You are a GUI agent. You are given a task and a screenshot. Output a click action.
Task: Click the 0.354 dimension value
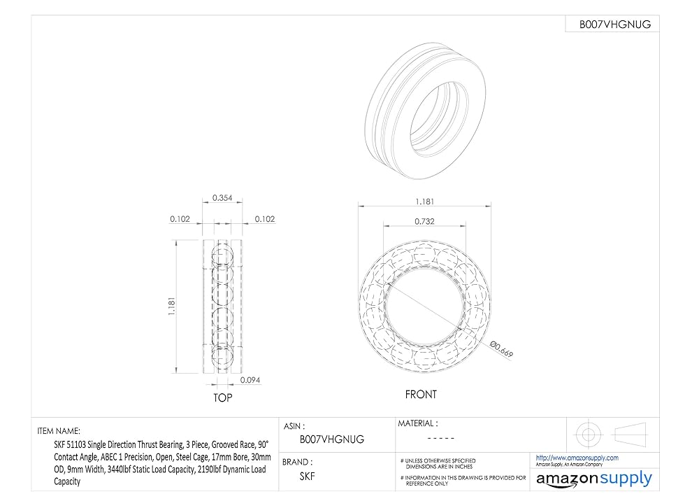(222, 198)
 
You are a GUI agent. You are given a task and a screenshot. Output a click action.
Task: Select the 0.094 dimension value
(250, 380)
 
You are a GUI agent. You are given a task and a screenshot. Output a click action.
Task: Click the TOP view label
(222, 397)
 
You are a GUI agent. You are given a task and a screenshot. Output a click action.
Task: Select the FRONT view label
(421, 395)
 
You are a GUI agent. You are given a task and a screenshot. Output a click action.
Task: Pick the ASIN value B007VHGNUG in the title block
(331, 439)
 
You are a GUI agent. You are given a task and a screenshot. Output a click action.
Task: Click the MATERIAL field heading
(417, 423)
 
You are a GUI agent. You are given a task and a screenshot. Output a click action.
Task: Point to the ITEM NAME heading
(59, 431)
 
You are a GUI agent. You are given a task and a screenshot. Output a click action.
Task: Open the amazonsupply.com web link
(577, 458)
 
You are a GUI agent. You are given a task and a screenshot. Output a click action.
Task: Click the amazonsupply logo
(593, 479)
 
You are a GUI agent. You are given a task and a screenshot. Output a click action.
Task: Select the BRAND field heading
(297, 462)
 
